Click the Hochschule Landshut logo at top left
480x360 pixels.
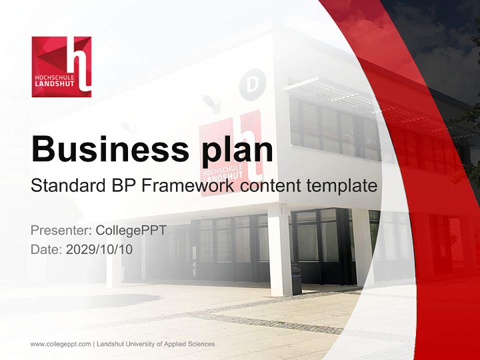pyautogui.click(x=61, y=66)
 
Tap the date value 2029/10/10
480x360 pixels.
pyautogui.click(x=99, y=249)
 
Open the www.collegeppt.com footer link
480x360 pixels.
pyautogui.click(x=60, y=344)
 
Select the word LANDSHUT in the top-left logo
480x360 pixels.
pyautogui.click(x=54, y=84)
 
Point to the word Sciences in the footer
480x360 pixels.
pyautogui.click(x=201, y=344)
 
